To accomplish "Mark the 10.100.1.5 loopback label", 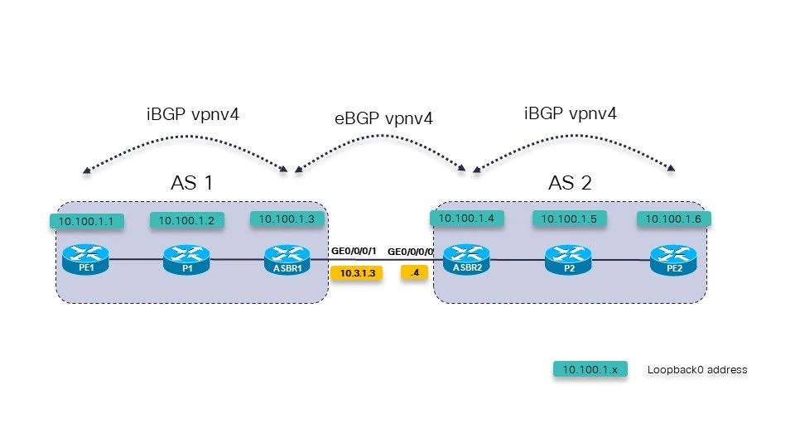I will click(569, 219).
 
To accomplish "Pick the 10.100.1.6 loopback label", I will click(673, 219).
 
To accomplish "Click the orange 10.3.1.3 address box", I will click(356, 272).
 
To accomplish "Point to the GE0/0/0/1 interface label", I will click(354, 250).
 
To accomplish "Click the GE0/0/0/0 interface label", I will click(412, 250).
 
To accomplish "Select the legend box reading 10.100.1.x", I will click(590, 370).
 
